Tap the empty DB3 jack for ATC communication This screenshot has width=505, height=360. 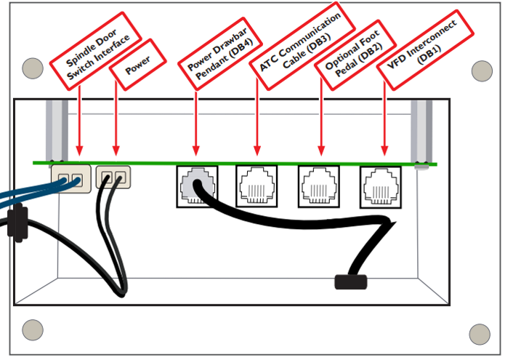(255, 185)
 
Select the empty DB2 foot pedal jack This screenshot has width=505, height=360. (318, 185)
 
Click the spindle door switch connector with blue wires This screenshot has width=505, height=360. (70, 178)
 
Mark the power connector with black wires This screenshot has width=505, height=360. (114, 177)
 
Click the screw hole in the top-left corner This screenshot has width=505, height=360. (32, 68)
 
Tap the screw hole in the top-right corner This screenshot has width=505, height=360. (482, 71)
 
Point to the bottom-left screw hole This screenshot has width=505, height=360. (32, 329)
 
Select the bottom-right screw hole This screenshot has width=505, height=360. (480, 335)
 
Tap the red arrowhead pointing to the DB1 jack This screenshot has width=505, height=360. (384, 152)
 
